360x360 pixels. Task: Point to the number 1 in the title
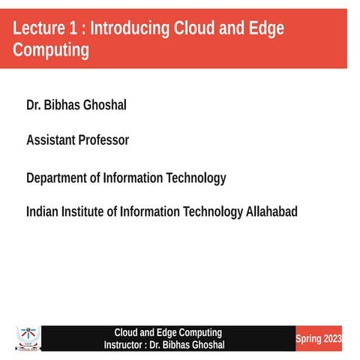[76, 29]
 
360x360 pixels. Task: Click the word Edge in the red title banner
[267, 29]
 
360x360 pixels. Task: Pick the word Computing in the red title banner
[51, 50]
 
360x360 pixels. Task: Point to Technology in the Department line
[193, 178]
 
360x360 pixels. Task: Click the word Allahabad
[271, 212]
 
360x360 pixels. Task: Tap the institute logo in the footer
[27, 337]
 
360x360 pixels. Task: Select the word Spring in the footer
[308, 339]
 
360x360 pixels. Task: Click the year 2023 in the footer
[332, 339]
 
